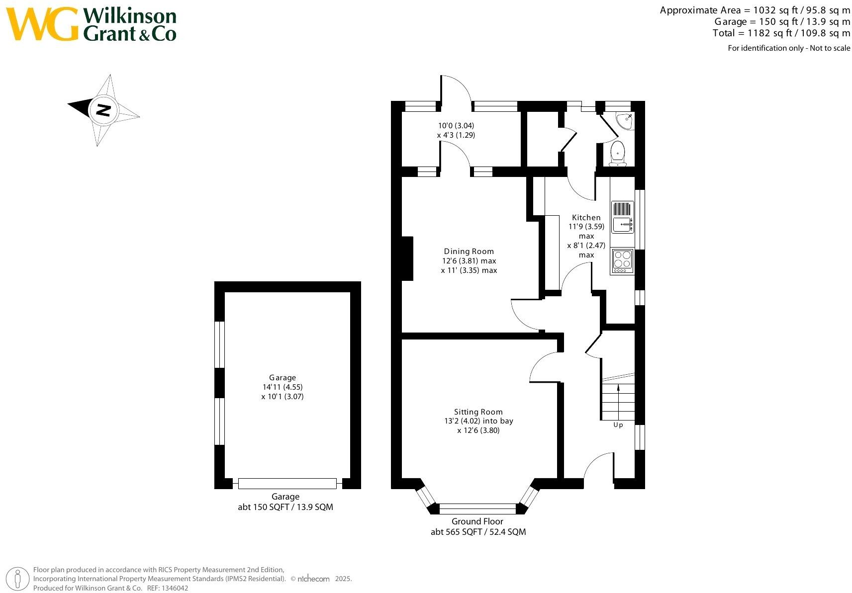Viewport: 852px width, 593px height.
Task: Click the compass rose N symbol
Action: (x=102, y=109)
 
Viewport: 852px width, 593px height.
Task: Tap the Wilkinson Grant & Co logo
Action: (x=93, y=24)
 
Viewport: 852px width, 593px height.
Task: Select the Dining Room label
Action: (x=469, y=252)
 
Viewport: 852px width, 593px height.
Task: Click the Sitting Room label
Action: (x=478, y=412)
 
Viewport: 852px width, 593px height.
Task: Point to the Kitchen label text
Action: (x=586, y=217)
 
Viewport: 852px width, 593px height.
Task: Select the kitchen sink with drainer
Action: (x=622, y=217)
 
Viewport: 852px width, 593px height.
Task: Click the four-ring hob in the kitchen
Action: (x=622, y=260)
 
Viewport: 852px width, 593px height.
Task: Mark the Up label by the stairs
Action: (x=618, y=425)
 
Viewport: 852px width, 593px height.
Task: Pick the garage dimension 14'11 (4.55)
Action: (x=283, y=387)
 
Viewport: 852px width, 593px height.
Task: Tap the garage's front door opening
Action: (x=287, y=483)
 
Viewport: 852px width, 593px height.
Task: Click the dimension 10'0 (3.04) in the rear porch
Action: (x=456, y=126)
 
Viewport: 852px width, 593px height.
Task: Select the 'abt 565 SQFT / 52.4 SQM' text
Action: (x=477, y=532)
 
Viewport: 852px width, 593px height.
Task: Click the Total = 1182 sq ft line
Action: (x=781, y=33)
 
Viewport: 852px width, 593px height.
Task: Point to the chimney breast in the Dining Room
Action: (x=407, y=259)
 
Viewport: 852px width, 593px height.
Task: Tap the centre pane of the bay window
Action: (x=477, y=508)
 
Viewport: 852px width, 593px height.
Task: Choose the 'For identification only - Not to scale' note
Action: (x=789, y=48)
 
